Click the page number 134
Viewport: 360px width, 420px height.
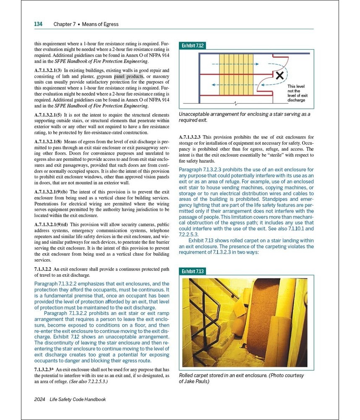[x=38, y=24]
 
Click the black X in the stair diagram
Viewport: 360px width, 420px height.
[x=279, y=76]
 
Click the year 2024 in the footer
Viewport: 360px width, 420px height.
[x=39, y=399]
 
